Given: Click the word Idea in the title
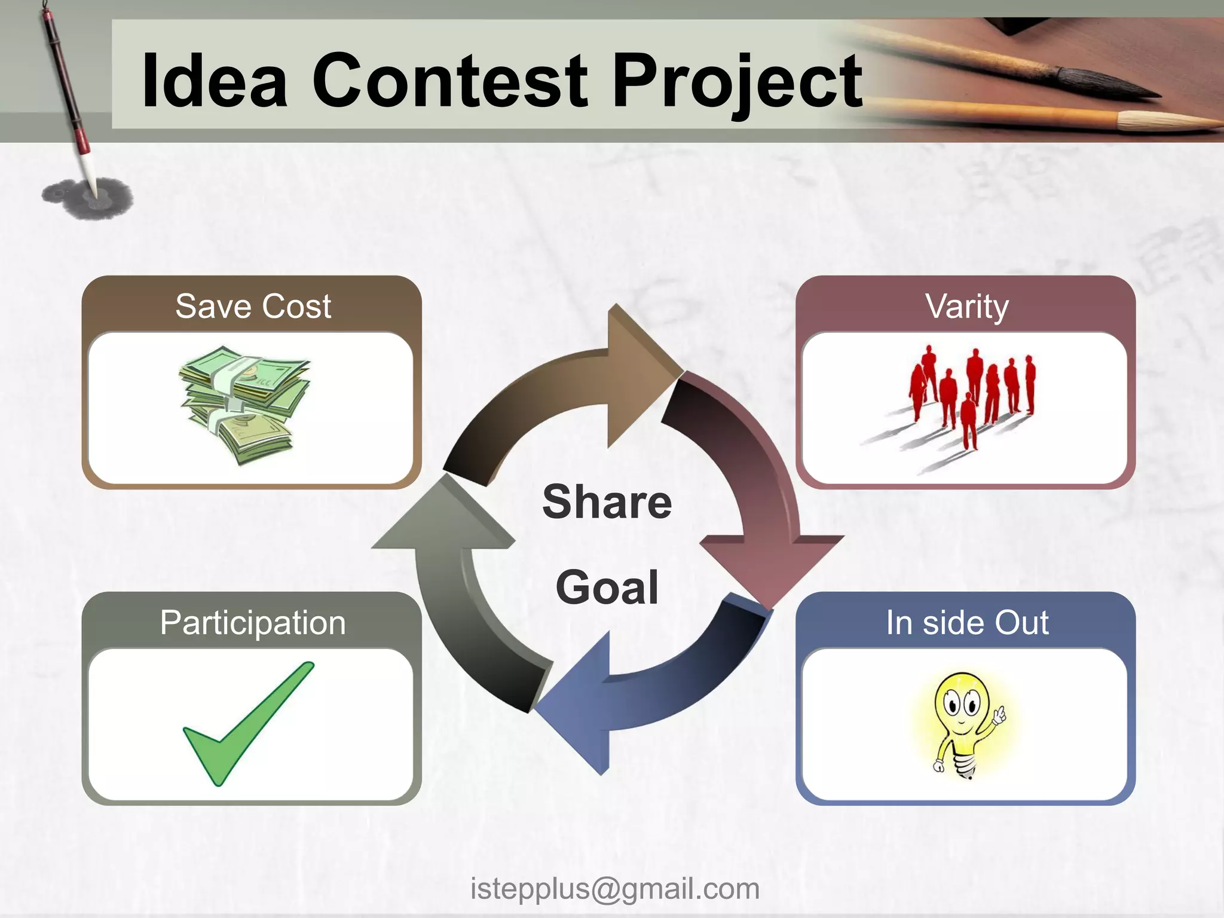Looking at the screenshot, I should pos(214,81).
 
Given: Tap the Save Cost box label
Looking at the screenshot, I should pos(253,306).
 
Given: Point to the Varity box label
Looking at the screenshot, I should pos(966,306).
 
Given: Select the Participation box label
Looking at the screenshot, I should pos(253,623).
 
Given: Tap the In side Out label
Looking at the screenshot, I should pos(966,623).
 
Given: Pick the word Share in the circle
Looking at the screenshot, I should pos(607,502).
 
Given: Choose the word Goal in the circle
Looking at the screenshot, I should pos(607,588).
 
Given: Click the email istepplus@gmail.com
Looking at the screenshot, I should pos(614,889).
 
